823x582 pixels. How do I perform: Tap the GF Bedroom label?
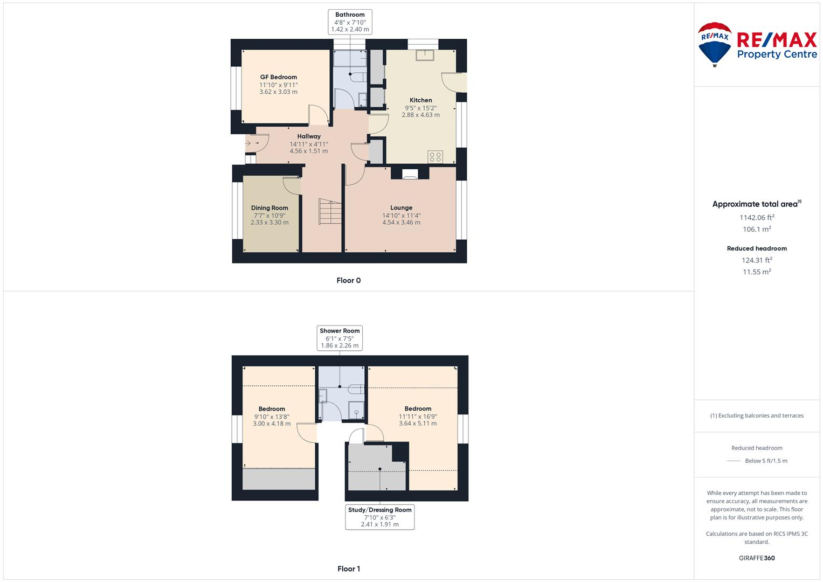278,77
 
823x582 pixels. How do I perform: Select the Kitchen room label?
420,100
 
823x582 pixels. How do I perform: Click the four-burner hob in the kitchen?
435,157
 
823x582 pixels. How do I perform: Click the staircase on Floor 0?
330,212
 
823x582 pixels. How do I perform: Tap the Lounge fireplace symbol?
410,174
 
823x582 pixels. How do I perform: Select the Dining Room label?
269,208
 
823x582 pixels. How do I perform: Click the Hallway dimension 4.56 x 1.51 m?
308,151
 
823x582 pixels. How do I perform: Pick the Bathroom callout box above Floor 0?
350,22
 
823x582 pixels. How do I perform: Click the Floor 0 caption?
348,280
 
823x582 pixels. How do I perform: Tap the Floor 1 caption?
348,569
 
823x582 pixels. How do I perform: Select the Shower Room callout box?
340,338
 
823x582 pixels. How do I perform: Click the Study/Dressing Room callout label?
379,510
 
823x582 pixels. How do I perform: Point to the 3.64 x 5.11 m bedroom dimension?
418,424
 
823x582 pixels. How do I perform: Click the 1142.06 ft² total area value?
756,218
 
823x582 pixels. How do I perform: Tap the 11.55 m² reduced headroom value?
756,272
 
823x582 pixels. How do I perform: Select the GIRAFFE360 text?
756,558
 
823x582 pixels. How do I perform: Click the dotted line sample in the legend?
734,461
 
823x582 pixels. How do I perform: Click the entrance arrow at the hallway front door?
248,143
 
